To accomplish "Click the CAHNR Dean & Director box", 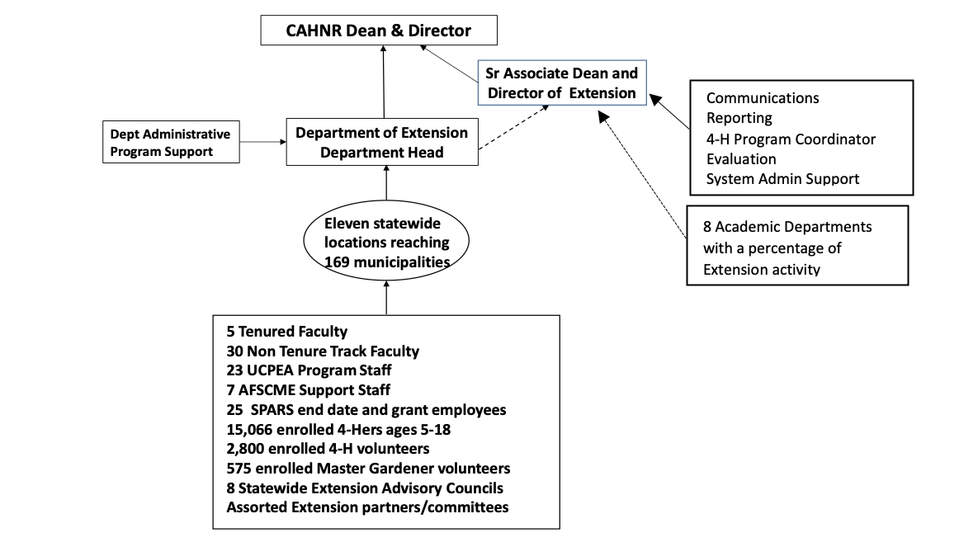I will coord(379,31).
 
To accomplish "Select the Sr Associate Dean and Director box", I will coord(561,83).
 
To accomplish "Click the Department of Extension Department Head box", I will coord(382,142).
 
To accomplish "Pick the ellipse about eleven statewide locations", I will coord(386,243).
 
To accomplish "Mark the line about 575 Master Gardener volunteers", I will coord(368,469).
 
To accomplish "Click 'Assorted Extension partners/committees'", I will coord(367,507).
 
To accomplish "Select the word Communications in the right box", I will coord(763,98).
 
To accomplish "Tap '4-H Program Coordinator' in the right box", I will coord(791,139).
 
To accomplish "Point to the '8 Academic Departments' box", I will coord(797,246).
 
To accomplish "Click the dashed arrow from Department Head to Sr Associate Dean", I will coord(514,130).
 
